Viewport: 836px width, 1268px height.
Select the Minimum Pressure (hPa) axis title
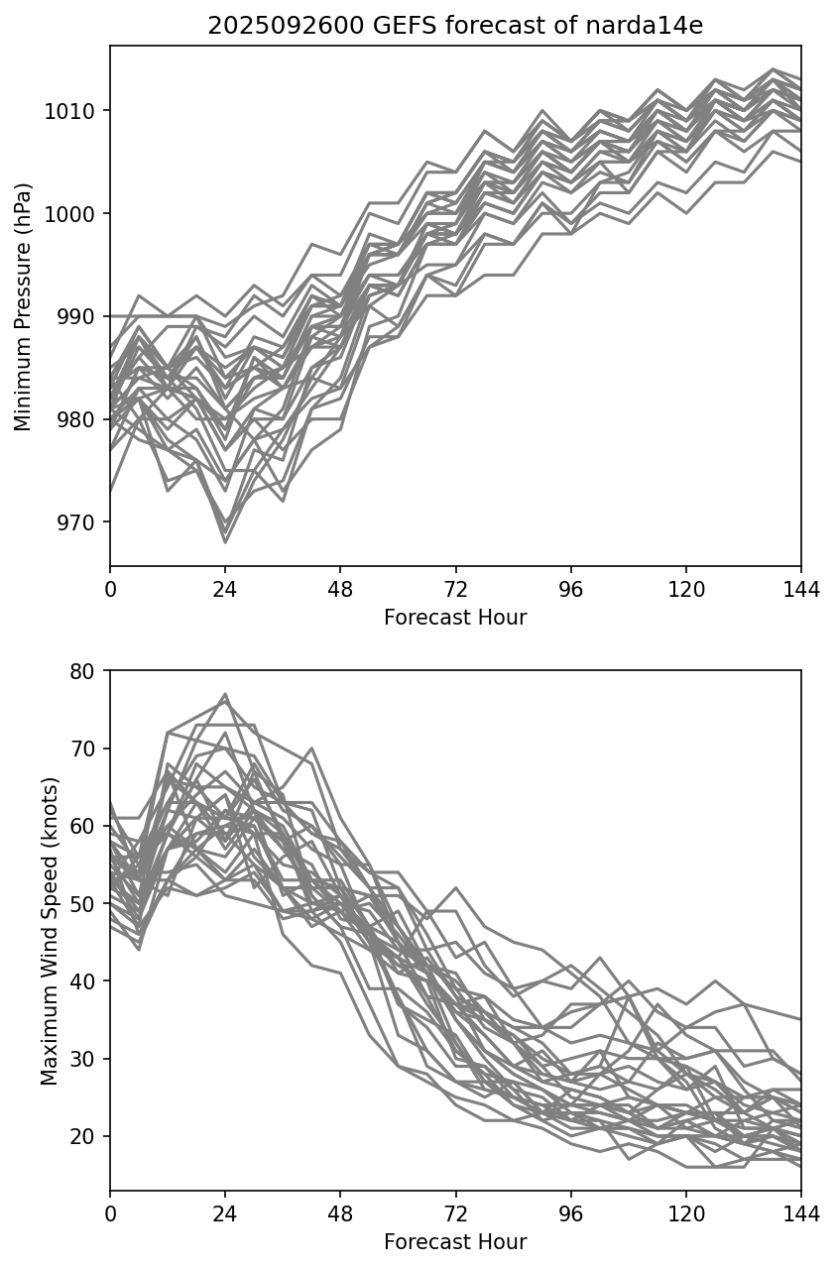tap(24, 306)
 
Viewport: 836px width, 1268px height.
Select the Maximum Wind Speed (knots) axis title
tap(50, 931)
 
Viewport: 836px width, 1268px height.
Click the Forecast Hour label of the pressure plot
tap(455, 618)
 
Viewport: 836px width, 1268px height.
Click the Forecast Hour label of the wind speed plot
tap(455, 1242)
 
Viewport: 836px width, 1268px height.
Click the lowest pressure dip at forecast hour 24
tap(225, 542)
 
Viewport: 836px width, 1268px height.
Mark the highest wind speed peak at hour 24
tap(225, 694)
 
